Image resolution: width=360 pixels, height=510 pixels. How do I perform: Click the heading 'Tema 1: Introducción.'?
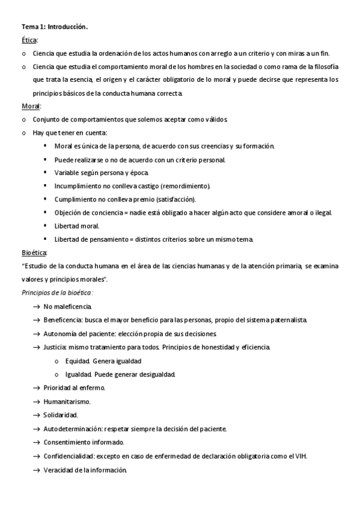(x=55, y=27)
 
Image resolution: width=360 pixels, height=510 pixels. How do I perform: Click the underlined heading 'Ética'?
(x=29, y=40)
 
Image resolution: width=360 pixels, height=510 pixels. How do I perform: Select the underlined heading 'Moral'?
(x=31, y=106)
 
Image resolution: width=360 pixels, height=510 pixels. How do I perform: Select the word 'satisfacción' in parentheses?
(x=175, y=200)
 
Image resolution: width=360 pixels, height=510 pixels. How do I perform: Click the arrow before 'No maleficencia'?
(x=37, y=307)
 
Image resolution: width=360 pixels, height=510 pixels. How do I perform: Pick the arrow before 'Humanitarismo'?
(x=37, y=401)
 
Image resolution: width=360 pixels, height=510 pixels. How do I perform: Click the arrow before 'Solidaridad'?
(x=37, y=415)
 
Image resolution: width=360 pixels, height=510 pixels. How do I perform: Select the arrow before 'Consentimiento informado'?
(x=37, y=443)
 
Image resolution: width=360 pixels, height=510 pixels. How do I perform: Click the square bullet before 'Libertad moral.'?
(x=46, y=226)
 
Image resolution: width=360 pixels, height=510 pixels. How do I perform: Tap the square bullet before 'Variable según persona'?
(x=46, y=173)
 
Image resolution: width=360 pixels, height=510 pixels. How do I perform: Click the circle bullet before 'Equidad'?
(x=56, y=361)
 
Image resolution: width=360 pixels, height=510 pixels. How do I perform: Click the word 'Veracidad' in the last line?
(x=58, y=470)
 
